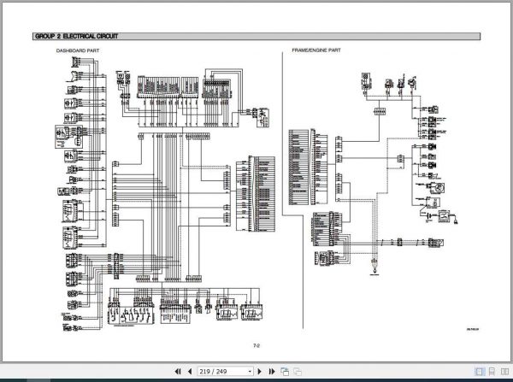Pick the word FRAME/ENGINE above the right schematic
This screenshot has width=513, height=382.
click(x=308, y=52)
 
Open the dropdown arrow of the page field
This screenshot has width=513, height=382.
click(x=251, y=373)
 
